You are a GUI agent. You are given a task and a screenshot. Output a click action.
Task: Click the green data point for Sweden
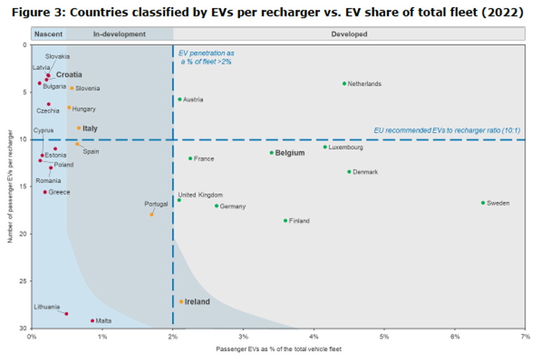tap(483, 203)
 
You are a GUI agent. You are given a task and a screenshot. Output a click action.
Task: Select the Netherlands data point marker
tap(344, 84)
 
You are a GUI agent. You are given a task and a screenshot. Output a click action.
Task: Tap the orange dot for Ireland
tap(181, 302)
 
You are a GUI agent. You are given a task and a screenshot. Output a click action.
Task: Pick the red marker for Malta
tap(92, 321)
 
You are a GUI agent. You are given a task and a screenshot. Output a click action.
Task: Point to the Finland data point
tap(286, 221)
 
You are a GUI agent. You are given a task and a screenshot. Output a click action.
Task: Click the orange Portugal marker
tap(151, 214)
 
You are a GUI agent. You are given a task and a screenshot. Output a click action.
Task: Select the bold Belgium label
tap(290, 153)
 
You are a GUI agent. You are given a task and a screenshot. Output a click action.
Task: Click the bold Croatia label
tap(69, 75)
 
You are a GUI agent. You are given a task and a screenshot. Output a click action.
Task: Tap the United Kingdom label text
tap(200, 195)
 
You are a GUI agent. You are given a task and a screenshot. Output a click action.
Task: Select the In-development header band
tap(119, 34)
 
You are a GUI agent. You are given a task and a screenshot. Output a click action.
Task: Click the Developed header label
tap(349, 34)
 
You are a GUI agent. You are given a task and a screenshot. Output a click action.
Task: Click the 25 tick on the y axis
tap(23, 281)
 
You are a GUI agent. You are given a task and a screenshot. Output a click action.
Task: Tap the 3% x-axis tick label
tap(243, 336)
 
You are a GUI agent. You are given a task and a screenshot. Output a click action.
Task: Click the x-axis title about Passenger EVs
tap(277, 349)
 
